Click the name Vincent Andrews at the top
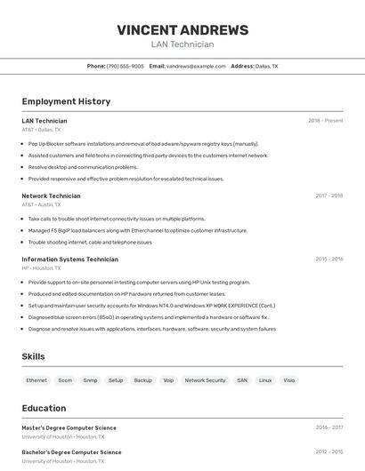[182, 29]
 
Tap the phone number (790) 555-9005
[125, 67]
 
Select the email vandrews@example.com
[196, 67]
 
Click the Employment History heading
[66, 101]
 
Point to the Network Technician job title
[51, 196]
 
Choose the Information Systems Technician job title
[69, 259]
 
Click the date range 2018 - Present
[326, 121]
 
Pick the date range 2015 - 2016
[328, 259]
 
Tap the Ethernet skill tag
[36, 380]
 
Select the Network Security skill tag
[205, 380]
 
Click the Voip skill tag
[168, 380]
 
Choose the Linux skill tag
[265, 380]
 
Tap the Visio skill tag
[288, 380]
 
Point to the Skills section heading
[34, 356]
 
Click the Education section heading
[44, 408]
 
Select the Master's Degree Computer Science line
[69, 428]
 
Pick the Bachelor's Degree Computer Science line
[71, 452]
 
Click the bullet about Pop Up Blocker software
[143, 143]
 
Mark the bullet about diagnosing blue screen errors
[148, 317]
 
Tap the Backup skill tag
[142, 380]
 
